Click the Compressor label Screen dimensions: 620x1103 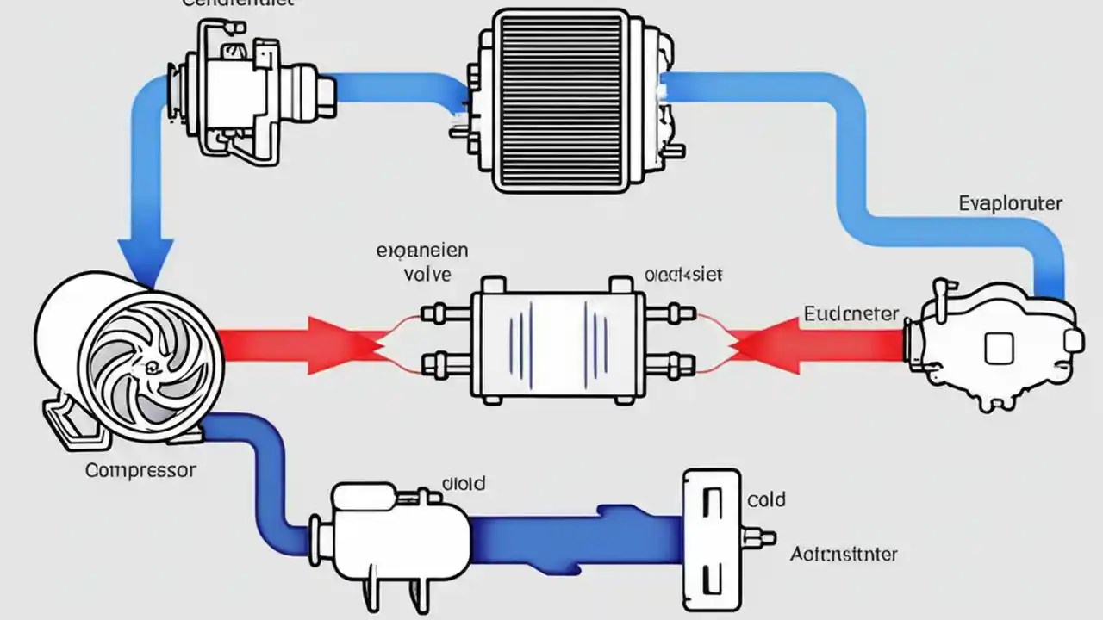point(140,471)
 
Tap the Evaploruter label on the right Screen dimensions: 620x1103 point(1010,204)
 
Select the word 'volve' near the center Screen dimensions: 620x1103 point(427,275)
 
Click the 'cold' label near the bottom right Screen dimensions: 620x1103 point(766,499)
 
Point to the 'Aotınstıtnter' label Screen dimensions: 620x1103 point(844,554)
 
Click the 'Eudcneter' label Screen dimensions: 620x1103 point(851,313)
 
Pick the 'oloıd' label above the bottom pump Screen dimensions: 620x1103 point(463,483)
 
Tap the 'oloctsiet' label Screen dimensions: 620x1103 point(683,276)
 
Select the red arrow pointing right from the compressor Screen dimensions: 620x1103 point(302,344)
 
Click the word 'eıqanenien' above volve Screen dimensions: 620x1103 point(422,251)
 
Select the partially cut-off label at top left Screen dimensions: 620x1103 point(250,3)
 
